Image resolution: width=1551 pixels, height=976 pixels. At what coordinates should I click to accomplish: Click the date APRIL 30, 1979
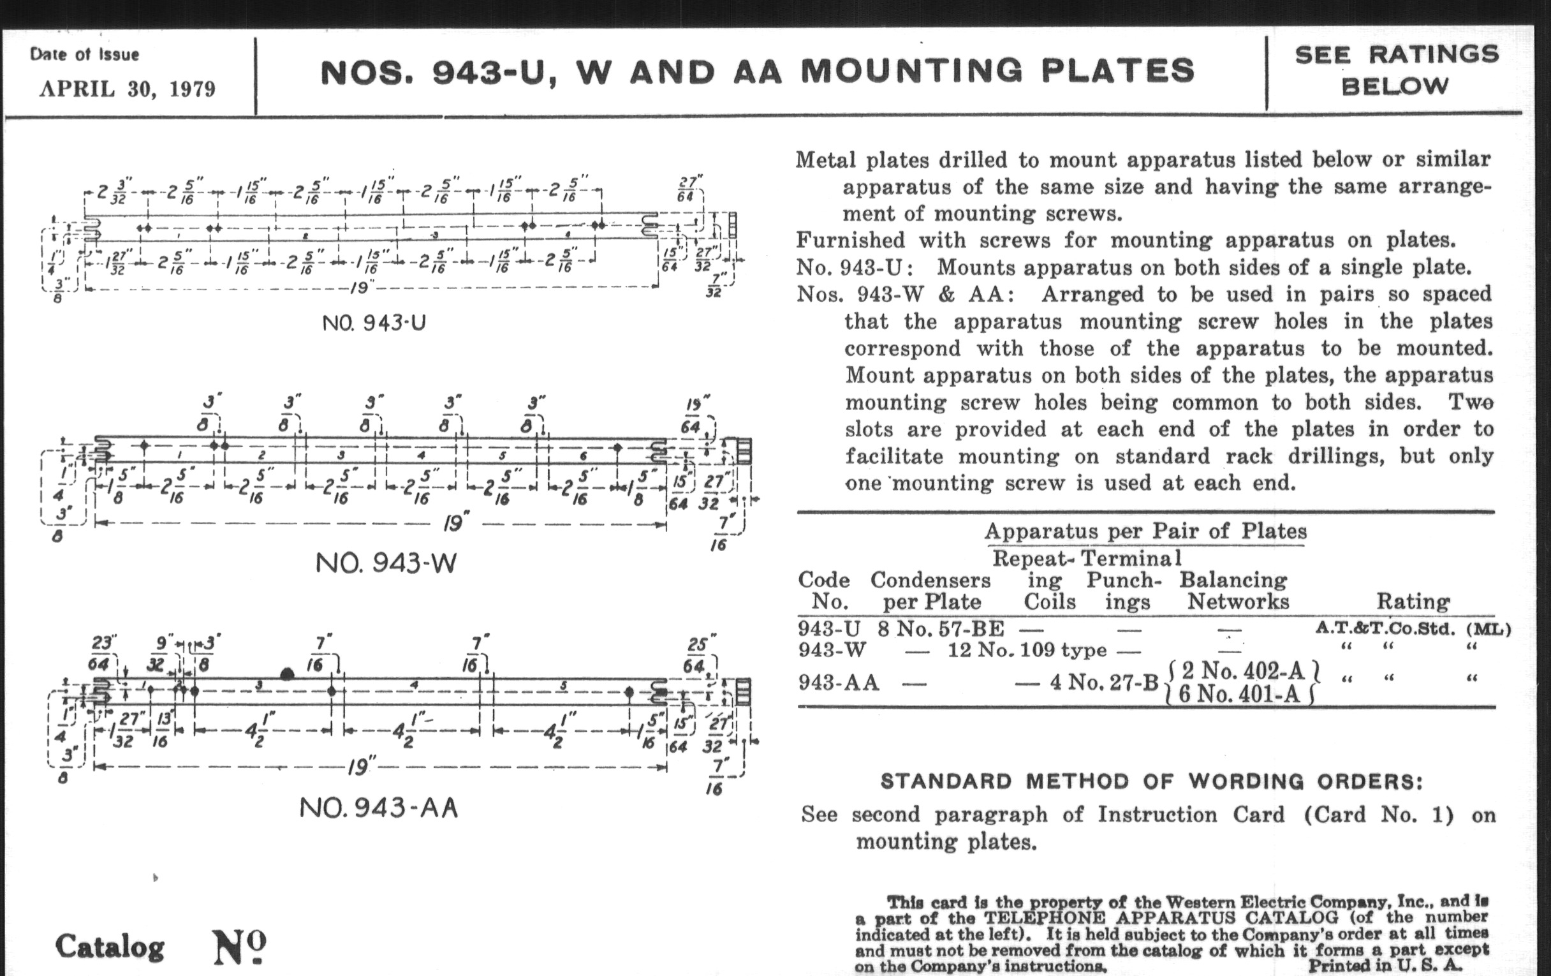click(127, 89)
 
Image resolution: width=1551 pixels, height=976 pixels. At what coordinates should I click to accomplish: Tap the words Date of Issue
click(84, 55)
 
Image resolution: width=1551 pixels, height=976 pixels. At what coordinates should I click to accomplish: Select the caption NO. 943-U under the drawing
click(374, 322)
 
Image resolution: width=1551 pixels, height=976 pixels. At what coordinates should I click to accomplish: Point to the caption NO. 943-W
click(386, 564)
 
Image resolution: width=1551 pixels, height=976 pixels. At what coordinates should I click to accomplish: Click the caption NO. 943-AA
click(379, 807)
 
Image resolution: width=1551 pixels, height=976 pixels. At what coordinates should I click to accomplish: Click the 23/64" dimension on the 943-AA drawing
click(102, 653)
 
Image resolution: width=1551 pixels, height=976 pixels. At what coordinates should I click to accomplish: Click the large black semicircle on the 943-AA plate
click(287, 674)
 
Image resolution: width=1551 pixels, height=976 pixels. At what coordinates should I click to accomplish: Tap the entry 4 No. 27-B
click(1104, 681)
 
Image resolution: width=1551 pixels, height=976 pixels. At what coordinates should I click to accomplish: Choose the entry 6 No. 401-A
click(1240, 695)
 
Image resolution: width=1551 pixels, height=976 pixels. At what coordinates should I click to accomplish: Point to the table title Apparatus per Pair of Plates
click(1145, 531)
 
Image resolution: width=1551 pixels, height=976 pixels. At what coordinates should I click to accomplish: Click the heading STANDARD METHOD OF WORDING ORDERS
click(1151, 781)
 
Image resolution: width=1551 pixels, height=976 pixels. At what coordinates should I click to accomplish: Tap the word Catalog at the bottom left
click(110, 947)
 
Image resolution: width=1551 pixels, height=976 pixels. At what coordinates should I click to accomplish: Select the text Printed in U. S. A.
click(1385, 965)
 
